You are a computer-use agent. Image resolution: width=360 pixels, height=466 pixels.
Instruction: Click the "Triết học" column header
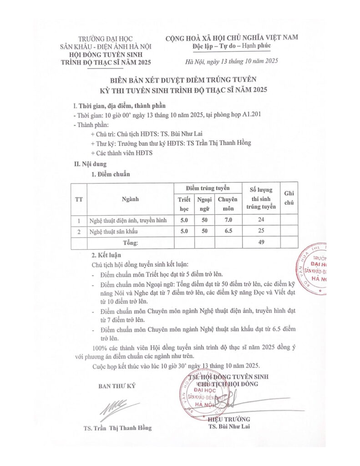point(184,203)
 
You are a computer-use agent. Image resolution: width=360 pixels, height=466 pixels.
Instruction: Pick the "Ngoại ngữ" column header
point(203,203)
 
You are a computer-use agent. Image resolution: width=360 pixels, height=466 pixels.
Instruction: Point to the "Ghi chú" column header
point(289,199)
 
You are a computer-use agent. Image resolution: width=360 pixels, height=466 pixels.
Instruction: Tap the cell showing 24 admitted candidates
point(261,221)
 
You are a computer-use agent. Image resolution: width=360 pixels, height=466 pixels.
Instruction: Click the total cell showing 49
point(261,243)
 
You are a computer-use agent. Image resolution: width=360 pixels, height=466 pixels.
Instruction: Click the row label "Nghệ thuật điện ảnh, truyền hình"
point(122,221)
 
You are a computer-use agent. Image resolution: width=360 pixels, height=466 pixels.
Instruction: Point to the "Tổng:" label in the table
point(130,243)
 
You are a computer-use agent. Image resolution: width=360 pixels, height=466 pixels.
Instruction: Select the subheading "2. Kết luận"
point(106,255)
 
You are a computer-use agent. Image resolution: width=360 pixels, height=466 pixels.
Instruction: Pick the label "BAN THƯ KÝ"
point(117,386)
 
